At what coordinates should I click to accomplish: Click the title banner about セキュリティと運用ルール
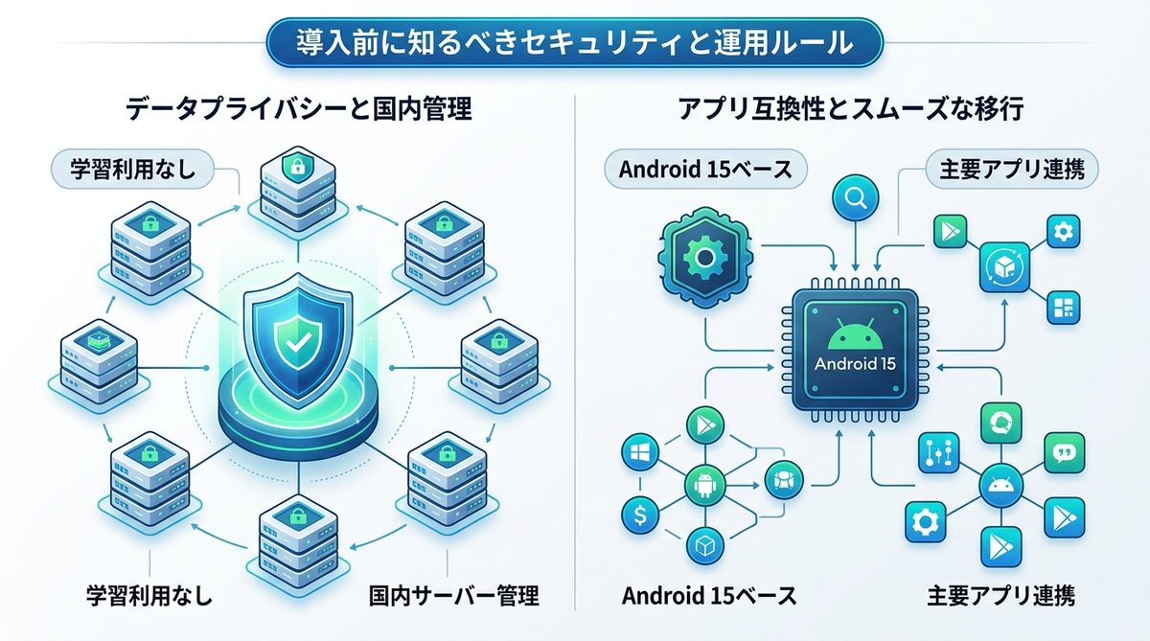pyautogui.click(x=574, y=42)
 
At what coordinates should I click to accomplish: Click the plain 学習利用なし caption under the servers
pyautogui.click(x=148, y=595)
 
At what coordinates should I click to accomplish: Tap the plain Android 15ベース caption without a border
pyautogui.click(x=709, y=595)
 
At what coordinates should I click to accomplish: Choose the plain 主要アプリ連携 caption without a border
pyautogui.click(x=1000, y=595)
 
